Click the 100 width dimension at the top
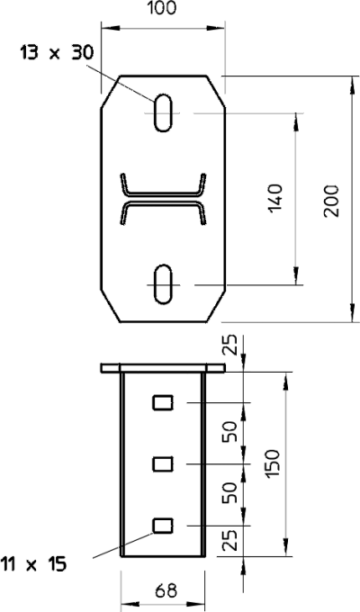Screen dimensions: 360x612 pyautogui.click(x=161, y=7)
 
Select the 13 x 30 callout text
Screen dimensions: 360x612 pyautogui.click(x=57, y=53)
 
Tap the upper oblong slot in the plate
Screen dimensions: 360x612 pyautogui.click(x=163, y=112)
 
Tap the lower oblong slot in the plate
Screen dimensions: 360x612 pyautogui.click(x=163, y=283)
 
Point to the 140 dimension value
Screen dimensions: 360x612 pyautogui.click(x=275, y=198)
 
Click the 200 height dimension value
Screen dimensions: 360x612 pyautogui.click(x=331, y=201)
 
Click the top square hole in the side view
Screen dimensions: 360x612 pyautogui.click(x=163, y=402)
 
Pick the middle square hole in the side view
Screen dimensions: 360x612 pyautogui.click(x=163, y=464)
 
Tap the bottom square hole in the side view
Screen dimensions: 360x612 pyautogui.click(x=163, y=526)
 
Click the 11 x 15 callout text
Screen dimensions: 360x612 pyautogui.click(x=33, y=564)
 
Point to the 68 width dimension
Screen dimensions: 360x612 pyautogui.click(x=166, y=591)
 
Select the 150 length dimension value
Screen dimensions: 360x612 pyautogui.click(x=273, y=463)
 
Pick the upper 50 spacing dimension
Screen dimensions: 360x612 pyautogui.click(x=230, y=431)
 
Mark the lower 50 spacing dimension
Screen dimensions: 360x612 pyautogui.click(x=230, y=492)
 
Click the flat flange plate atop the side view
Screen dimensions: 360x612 pyautogui.click(x=163, y=368)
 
